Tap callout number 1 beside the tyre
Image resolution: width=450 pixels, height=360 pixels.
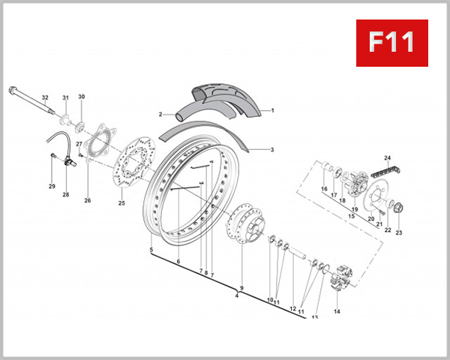coord(272,110)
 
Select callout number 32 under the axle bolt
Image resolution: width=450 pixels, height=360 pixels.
coord(45,98)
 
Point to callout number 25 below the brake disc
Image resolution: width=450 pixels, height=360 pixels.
coord(121,202)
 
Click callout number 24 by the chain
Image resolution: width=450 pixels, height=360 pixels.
coord(388,157)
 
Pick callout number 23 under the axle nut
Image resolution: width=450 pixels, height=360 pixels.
coord(399,232)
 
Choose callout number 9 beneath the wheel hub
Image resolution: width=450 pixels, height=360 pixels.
coord(241,288)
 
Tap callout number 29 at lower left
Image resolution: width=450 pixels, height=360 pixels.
coord(52,186)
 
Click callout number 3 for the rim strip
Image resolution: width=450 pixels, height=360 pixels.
coord(272,150)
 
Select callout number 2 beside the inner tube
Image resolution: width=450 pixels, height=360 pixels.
coord(160,115)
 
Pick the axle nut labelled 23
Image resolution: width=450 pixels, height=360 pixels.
coord(397,209)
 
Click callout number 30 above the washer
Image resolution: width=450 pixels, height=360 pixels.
coord(82,97)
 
